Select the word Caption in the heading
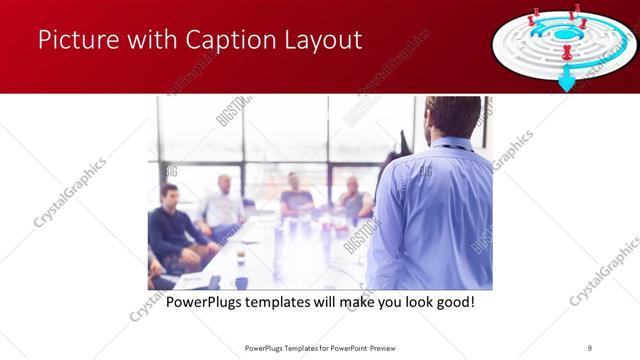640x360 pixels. (221, 41)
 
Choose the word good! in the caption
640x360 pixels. (452, 301)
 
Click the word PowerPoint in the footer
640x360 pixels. (346, 347)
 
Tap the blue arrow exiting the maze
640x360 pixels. (567, 82)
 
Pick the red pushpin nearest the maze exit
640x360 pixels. (567, 51)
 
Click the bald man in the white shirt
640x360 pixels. (223, 205)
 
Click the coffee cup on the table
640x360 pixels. (241, 258)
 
